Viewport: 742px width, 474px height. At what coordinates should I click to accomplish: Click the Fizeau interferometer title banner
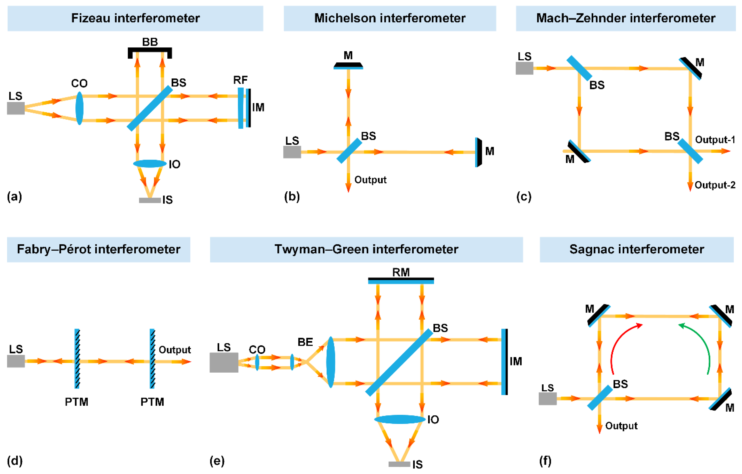pyautogui.click(x=135, y=18)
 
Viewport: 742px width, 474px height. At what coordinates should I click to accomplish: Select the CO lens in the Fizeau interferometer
pyautogui.click(x=80, y=108)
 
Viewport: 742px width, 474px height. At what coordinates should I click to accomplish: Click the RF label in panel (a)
pyautogui.click(x=240, y=80)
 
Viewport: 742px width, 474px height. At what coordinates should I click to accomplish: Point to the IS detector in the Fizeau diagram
pyautogui.click(x=150, y=200)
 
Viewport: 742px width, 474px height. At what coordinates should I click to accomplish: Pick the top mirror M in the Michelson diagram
pyautogui.click(x=348, y=66)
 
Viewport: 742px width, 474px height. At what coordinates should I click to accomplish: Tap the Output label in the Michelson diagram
pyautogui.click(x=370, y=180)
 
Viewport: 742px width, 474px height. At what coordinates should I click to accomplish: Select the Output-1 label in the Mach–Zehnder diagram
pyautogui.click(x=715, y=140)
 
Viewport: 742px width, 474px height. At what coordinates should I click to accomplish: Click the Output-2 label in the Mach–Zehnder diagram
pyautogui.click(x=715, y=185)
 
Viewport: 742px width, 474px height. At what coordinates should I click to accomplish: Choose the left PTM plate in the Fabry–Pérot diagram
pyautogui.click(x=77, y=358)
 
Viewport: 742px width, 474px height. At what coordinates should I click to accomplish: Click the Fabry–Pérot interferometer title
pyautogui.click(x=99, y=249)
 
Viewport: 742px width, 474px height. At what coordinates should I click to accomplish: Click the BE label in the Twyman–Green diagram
pyautogui.click(x=305, y=342)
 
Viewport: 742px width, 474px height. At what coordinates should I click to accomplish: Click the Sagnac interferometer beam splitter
pyautogui.click(x=600, y=398)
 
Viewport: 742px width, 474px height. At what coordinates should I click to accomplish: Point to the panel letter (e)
pyautogui.click(x=217, y=461)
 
